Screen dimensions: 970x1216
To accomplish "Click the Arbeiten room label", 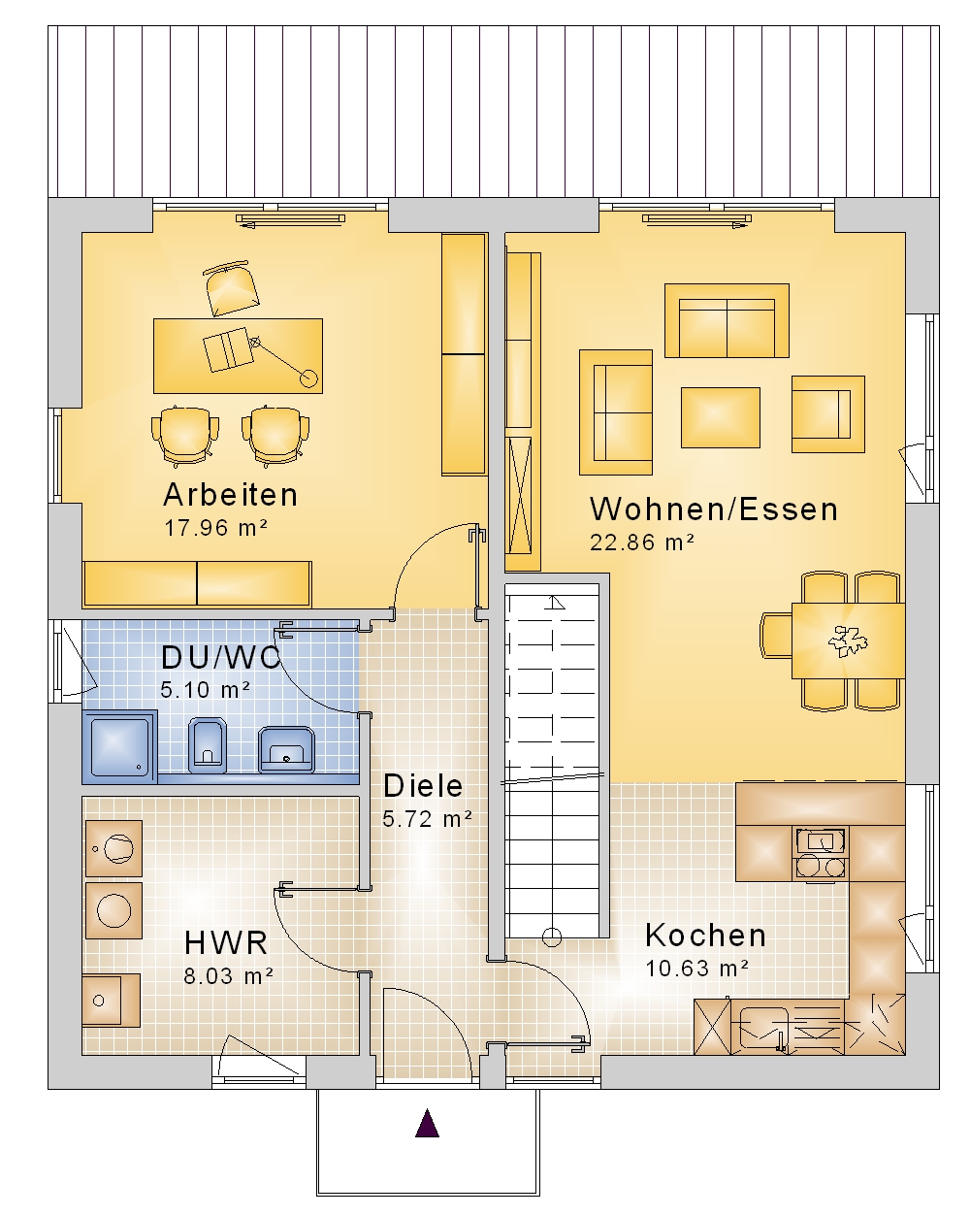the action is click(230, 495).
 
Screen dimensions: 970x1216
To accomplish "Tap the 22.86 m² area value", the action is click(642, 542).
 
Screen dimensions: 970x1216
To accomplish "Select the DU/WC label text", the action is click(220, 657).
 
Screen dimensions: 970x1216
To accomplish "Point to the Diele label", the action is click(423, 786).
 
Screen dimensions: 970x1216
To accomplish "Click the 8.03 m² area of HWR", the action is click(228, 976).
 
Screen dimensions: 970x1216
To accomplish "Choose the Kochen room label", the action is click(705, 936).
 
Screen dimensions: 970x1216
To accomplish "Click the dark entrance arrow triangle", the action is click(427, 1123).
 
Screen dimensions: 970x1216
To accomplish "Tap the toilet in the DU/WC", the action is click(207, 745).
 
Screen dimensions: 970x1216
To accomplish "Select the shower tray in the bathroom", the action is click(119, 746).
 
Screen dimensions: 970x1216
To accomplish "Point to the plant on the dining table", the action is click(848, 641).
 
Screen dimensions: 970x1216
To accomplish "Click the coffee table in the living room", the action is click(721, 417).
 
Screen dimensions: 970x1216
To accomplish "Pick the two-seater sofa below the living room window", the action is click(727, 320).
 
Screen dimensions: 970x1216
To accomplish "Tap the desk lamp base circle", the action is click(308, 378).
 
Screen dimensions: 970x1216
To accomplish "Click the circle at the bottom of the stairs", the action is click(551, 937).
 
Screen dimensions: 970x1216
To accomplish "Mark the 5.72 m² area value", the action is click(427, 819).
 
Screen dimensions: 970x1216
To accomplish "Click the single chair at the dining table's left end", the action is click(776, 635).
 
